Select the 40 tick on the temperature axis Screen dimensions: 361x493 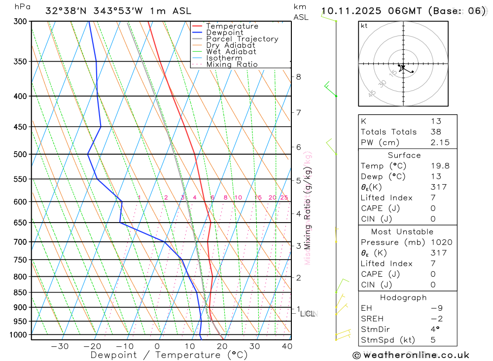(x=286, y=346)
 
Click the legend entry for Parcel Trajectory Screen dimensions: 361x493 (x=242, y=39)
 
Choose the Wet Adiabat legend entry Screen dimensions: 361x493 (x=231, y=52)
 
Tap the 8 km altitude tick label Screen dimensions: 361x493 (x=298, y=77)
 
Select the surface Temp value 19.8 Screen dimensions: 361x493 (x=440, y=166)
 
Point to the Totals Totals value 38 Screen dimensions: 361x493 (x=436, y=131)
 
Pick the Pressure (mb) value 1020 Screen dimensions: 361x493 (x=441, y=242)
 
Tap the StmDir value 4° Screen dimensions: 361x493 (x=433, y=329)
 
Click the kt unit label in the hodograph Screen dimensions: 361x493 (x=364, y=26)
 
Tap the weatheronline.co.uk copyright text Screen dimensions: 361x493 (x=411, y=355)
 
